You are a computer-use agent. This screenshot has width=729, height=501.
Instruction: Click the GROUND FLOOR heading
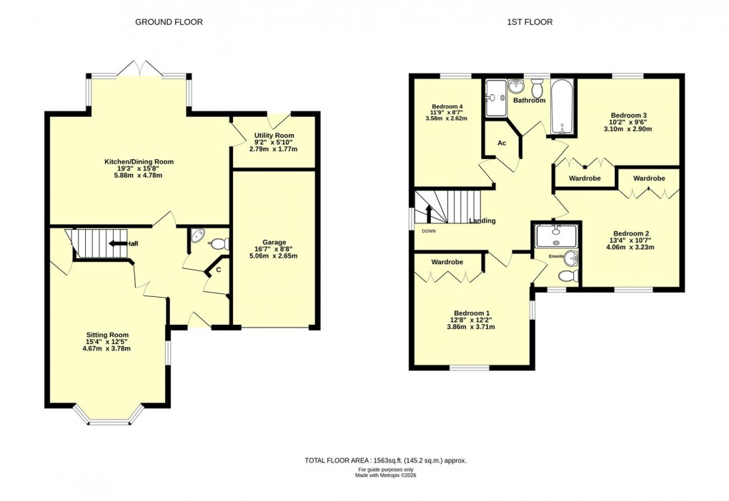(x=169, y=22)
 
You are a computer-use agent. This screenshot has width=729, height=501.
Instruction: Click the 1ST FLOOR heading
(x=530, y=22)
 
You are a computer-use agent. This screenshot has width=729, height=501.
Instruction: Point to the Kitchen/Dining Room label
(x=139, y=162)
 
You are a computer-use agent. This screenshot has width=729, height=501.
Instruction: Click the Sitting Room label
(x=108, y=335)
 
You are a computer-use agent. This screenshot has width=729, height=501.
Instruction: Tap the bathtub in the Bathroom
(x=562, y=107)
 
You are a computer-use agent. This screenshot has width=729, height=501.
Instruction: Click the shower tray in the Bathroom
(x=495, y=98)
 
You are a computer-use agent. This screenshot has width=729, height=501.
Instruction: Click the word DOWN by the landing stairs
(x=429, y=231)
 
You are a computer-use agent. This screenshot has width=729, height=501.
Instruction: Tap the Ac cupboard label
(x=502, y=143)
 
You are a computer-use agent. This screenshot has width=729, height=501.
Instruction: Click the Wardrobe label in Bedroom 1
(x=447, y=262)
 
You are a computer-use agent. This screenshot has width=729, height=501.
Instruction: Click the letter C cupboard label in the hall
(x=218, y=269)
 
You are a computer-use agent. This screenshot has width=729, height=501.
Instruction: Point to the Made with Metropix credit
(x=385, y=475)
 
